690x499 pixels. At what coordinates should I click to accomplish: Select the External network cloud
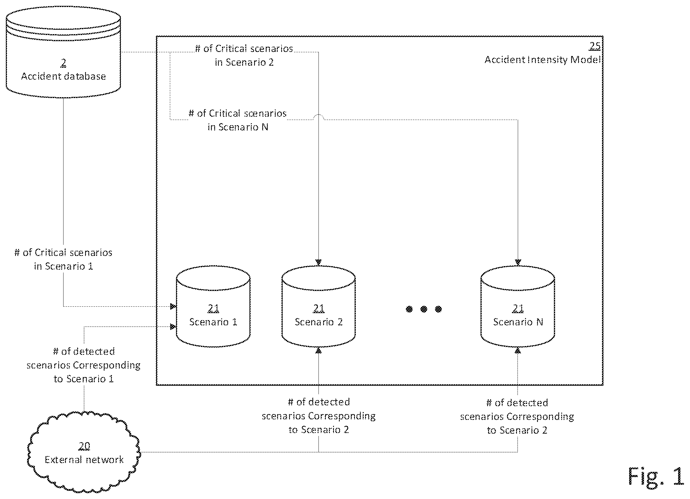click(84, 452)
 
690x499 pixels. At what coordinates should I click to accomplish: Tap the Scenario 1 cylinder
click(213, 306)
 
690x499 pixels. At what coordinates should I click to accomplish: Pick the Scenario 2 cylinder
click(318, 306)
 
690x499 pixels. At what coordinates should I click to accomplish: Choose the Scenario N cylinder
click(518, 306)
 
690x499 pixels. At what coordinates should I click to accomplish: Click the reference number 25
click(595, 46)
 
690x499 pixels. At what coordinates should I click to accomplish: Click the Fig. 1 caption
click(656, 476)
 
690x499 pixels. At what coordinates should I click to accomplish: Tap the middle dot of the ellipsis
click(424, 309)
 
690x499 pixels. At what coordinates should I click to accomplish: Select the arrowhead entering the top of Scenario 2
click(318, 262)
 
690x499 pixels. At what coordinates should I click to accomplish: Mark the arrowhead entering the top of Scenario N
click(518, 262)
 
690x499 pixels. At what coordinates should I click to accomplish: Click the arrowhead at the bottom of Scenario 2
click(318, 350)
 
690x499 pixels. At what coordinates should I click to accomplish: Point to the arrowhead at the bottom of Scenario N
click(518, 350)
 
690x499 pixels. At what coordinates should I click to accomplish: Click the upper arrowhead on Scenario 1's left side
click(173, 306)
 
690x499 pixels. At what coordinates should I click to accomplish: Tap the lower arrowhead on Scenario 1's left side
click(173, 327)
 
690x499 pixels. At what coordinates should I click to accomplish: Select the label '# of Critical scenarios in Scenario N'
click(237, 120)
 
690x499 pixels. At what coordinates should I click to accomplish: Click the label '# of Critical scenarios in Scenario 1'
click(63, 259)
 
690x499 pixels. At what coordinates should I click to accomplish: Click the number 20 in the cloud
click(84, 446)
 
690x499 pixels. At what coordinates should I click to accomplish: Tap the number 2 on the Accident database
click(63, 63)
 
